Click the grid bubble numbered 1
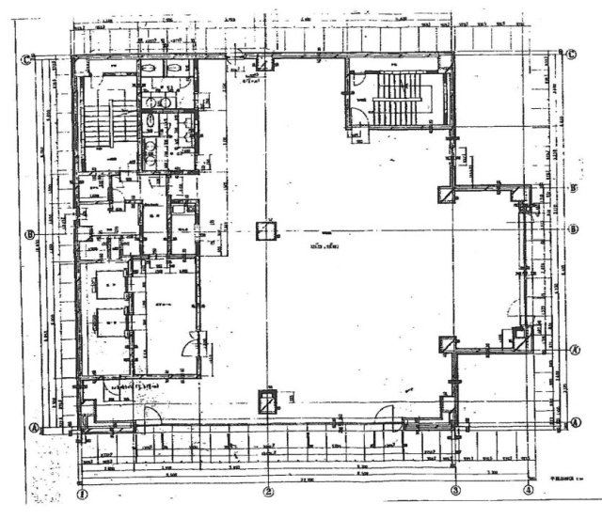click(82, 490)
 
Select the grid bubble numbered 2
click(268, 490)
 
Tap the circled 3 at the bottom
click(455, 490)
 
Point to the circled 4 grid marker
click(529, 490)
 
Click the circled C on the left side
click(27, 59)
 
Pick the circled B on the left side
click(29, 234)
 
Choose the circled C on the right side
click(571, 53)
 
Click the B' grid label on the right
click(572, 187)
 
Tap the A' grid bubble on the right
click(572, 347)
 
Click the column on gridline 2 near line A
click(269, 401)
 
